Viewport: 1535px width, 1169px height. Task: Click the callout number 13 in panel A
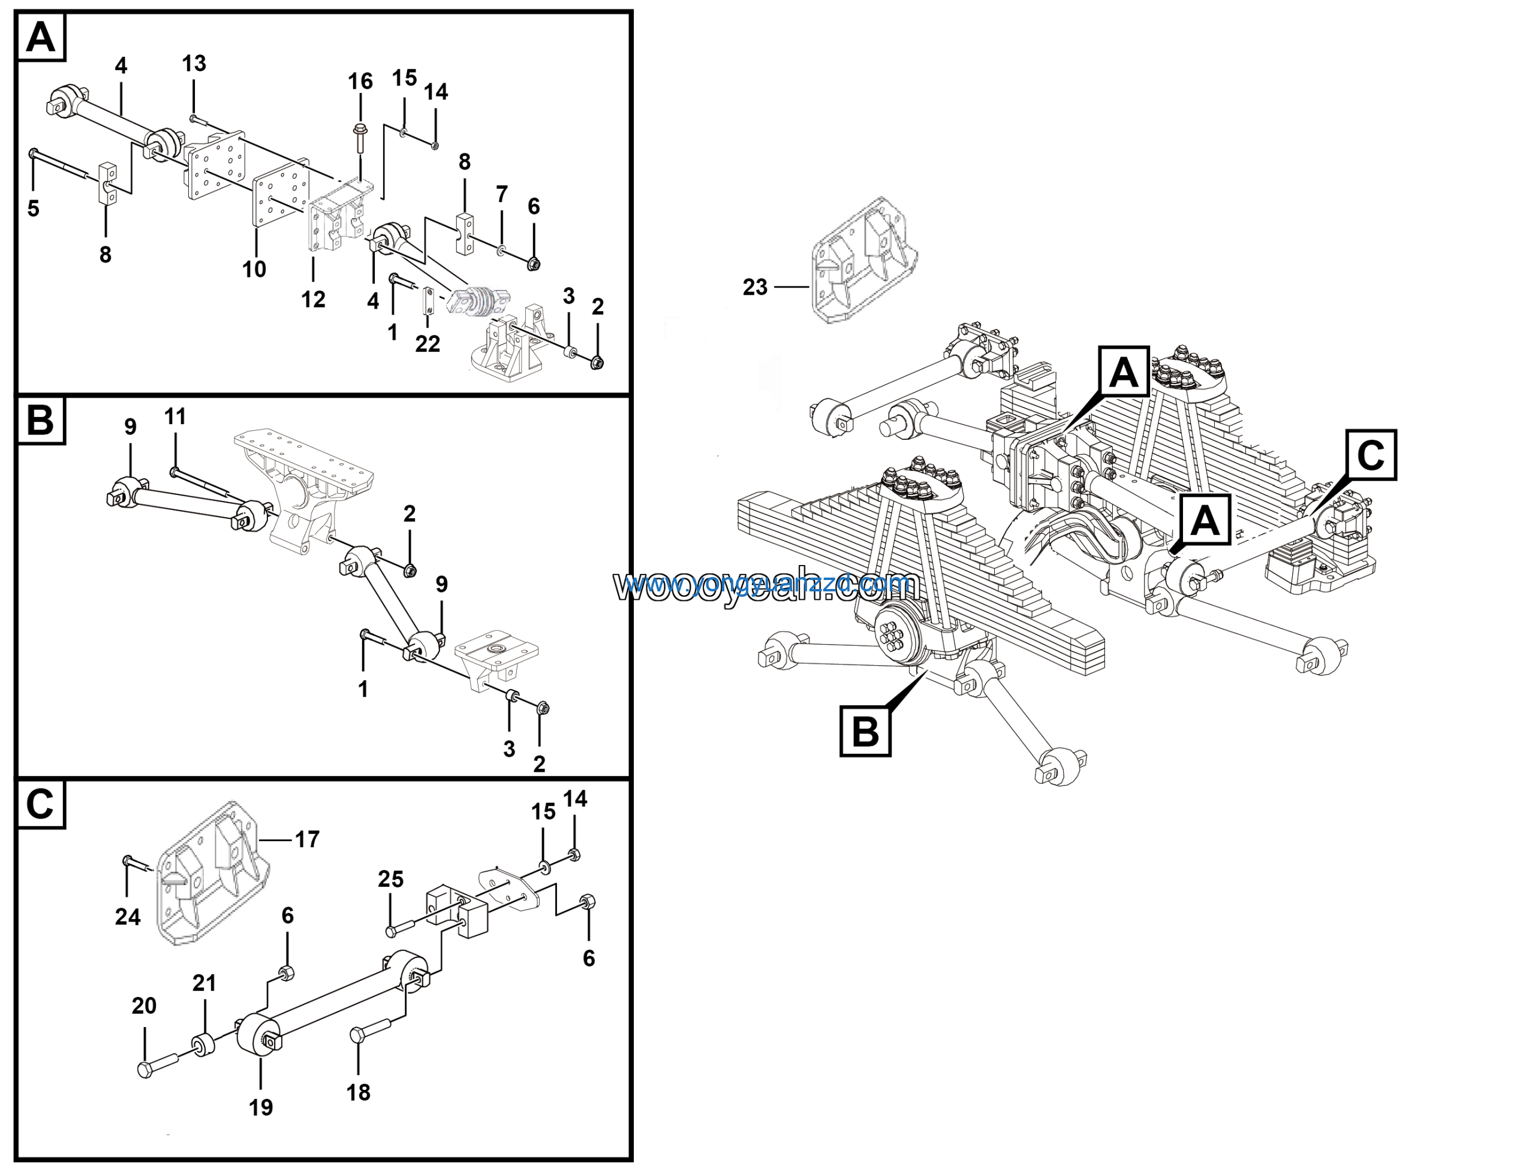(194, 64)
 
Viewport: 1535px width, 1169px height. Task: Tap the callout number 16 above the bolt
(360, 82)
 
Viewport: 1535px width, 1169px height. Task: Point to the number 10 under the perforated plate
(254, 269)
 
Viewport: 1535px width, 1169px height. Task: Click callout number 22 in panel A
(428, 344)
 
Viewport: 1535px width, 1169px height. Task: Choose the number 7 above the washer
(502, 194)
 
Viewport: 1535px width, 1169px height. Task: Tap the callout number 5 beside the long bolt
(34, 208)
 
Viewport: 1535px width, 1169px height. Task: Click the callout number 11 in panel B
(174, 417)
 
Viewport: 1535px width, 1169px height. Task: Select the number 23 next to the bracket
(755, 286)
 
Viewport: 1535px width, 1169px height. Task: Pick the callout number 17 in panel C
(307, 839)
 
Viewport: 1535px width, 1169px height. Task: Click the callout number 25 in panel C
(390, 879)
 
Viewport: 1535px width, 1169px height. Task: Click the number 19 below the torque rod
(261, 1107)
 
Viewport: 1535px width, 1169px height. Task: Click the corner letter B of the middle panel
(40, 420)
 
